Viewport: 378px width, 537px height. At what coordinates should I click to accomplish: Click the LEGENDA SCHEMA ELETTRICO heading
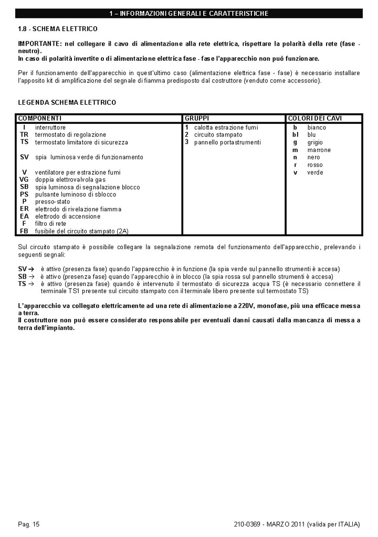(67, 102)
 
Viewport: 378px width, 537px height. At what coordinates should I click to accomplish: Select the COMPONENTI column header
(40, 119)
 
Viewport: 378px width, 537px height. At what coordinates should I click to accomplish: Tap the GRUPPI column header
(197, 119)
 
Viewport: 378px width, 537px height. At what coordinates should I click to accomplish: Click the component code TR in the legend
(24, 135)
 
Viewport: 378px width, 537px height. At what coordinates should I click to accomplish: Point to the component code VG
(24, 179)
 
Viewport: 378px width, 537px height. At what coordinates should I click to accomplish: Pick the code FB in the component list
(24, 231)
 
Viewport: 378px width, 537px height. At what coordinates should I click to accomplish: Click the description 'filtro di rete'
(51, 224)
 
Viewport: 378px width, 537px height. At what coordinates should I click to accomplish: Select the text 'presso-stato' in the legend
(52, 202)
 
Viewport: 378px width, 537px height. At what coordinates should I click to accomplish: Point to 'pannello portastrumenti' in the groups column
(227, 142)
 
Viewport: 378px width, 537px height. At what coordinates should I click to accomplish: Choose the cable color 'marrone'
(319, 150)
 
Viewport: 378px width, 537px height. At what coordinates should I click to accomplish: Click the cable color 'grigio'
(316, 142)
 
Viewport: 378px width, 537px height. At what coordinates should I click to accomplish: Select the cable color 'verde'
(315, 173)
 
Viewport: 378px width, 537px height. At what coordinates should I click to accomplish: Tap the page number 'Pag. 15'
(29, 524)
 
